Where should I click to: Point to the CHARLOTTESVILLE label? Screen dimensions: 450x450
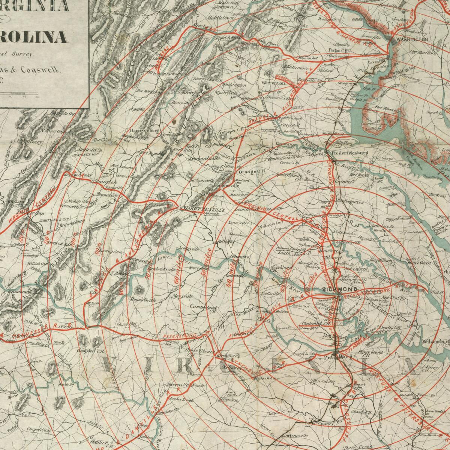(x=202, y=210)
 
